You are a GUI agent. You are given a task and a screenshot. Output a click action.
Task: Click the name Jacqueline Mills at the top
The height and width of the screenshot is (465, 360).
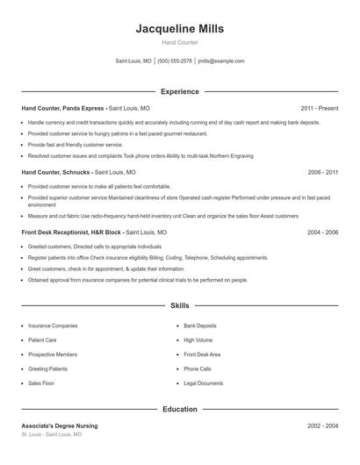tap(180, 28)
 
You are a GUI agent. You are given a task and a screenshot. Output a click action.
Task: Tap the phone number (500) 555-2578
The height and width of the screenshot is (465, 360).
tap(175, 61)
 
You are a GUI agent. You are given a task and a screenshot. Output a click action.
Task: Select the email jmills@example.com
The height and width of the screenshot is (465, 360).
tap(221, 61)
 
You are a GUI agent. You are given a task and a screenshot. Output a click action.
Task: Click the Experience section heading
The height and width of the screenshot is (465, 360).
tap(180, 91)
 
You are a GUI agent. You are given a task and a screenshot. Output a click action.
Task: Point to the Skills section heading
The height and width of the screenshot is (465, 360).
tap(180, 305)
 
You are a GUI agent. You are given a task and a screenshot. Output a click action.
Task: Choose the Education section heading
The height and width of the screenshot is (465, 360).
tap(180, 409)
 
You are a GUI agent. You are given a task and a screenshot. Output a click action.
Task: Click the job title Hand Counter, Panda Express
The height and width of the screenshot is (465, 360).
tap(62, 108)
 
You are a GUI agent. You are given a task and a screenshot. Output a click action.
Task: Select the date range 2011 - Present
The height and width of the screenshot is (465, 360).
tap(320, 108)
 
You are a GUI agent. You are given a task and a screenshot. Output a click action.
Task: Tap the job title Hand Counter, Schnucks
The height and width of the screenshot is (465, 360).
tap(55, 173)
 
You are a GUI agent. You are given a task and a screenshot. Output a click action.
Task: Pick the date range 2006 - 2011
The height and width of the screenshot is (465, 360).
tap(323, 173)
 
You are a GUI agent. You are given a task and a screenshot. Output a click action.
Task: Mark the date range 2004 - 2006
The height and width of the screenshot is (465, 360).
tap(323, 232)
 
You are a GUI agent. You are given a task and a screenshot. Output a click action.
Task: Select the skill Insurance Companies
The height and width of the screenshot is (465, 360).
tap(53, 325)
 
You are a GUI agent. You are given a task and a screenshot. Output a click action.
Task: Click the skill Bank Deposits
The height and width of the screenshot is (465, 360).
tap(201, 325)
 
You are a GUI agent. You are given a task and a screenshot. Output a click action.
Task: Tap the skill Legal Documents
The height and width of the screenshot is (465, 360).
tap(204, 383)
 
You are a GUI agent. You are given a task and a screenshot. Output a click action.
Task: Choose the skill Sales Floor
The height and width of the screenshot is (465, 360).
tap(41, 383)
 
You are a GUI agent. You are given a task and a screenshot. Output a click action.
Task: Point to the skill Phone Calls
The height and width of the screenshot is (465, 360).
tap(198, 369)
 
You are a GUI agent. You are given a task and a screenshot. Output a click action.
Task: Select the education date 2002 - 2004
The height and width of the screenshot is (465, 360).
tap(323, 426)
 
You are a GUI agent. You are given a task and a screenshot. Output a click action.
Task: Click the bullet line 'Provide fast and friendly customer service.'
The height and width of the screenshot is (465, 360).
tap(76, 144)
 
